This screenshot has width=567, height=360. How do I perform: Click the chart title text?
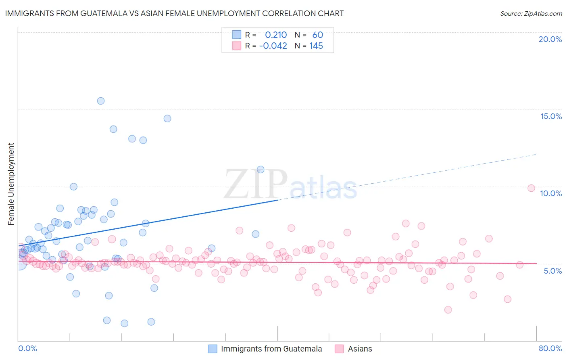click(x=174, y=13)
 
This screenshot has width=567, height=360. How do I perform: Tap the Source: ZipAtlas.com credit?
click(x=531, y=13)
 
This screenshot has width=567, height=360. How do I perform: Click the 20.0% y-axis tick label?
click(x=550, y=39)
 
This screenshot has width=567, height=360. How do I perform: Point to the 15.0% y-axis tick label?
click(x=551, y=116)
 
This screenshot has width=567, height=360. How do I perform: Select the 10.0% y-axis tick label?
click(x=551, y=193)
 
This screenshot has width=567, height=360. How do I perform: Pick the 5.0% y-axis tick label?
click(x=552, y=271)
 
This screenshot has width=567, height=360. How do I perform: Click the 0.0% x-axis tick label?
click(x=27, y=348)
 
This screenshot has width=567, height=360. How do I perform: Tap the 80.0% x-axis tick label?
click(x=550, y=348)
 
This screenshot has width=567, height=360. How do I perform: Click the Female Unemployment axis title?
click(x=11, y=184)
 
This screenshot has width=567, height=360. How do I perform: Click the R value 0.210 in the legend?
click(x=276, y=35)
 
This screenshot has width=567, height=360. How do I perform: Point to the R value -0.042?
click(x=273, y=46)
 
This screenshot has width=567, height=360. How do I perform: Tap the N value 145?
click(x=316, y=46)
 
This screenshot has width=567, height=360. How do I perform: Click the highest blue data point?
click(x=101, y=101)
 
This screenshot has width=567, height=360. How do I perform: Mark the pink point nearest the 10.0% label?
click(x=531, y=188)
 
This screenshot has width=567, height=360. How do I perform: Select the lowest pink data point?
click(x=448, y=310)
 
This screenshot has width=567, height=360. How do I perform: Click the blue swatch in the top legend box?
click(x=236, y=35)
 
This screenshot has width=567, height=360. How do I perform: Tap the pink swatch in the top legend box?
click(x=236, y=46)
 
